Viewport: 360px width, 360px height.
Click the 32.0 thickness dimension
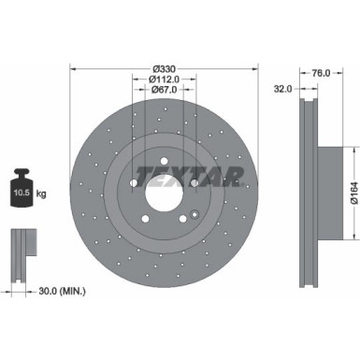[283, 89]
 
